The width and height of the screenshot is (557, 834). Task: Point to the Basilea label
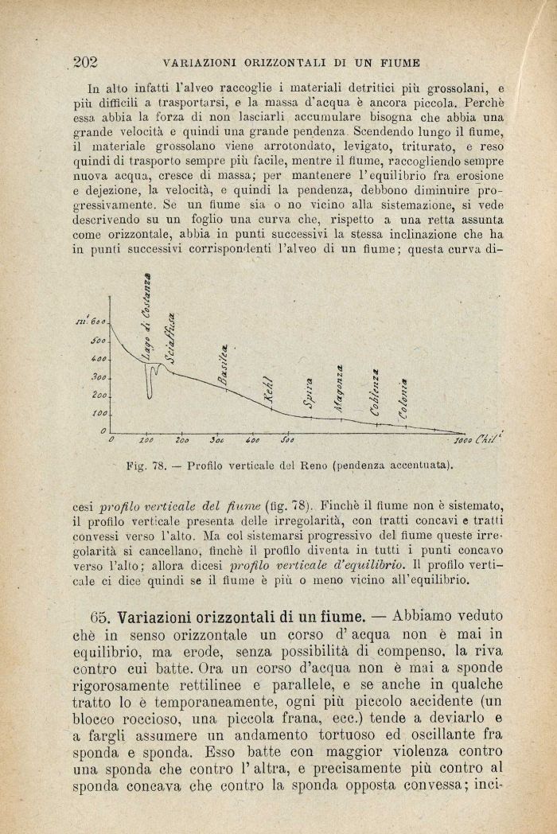pyautogui.click(x=226, y=365)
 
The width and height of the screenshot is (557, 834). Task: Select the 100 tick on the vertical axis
pyautogui.click(x=99, y=414)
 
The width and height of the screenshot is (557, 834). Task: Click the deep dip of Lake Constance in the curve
pyautogui.click(x=150, y=392)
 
